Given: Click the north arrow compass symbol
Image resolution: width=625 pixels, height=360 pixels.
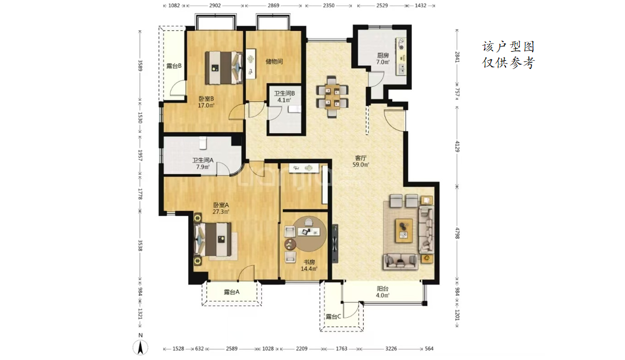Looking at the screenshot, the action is (x=140, y=347).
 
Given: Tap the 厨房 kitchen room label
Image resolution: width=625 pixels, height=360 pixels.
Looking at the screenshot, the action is (x=383, y=56).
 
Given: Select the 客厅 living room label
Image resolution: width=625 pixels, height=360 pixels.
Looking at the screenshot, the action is (x=361, y=158).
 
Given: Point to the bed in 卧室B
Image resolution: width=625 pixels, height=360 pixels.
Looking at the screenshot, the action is (x=224, y=68).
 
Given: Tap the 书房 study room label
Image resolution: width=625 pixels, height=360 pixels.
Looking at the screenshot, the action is (x=310, y=262).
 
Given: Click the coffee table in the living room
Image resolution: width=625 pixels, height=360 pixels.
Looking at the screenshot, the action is (x=404, y=230).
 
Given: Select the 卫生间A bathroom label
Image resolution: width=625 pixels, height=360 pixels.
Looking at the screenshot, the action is (x=203, y=160).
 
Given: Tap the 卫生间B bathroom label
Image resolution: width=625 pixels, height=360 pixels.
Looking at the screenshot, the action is (x=284, y=93).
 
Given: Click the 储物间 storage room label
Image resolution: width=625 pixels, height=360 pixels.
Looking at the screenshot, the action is (x=274, y=61).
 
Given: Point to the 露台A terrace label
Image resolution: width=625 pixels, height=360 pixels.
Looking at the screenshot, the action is (x=232, y=292).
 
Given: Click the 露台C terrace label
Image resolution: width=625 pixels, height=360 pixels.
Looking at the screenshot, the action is (x=333, y=317).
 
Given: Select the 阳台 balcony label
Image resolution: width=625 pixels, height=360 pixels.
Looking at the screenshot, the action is (x=383, y=289).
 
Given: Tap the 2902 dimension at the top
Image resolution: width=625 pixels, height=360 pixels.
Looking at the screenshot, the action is (x=215, y=5).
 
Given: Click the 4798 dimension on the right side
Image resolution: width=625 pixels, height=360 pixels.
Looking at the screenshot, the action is (x=457, y=233).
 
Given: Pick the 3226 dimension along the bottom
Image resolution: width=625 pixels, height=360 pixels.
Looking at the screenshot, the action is (x=391, y=349).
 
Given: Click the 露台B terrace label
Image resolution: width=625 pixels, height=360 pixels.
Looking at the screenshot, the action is (x=174, y=66).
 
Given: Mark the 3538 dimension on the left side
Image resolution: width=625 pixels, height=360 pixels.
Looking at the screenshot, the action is (x=140, y=245).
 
